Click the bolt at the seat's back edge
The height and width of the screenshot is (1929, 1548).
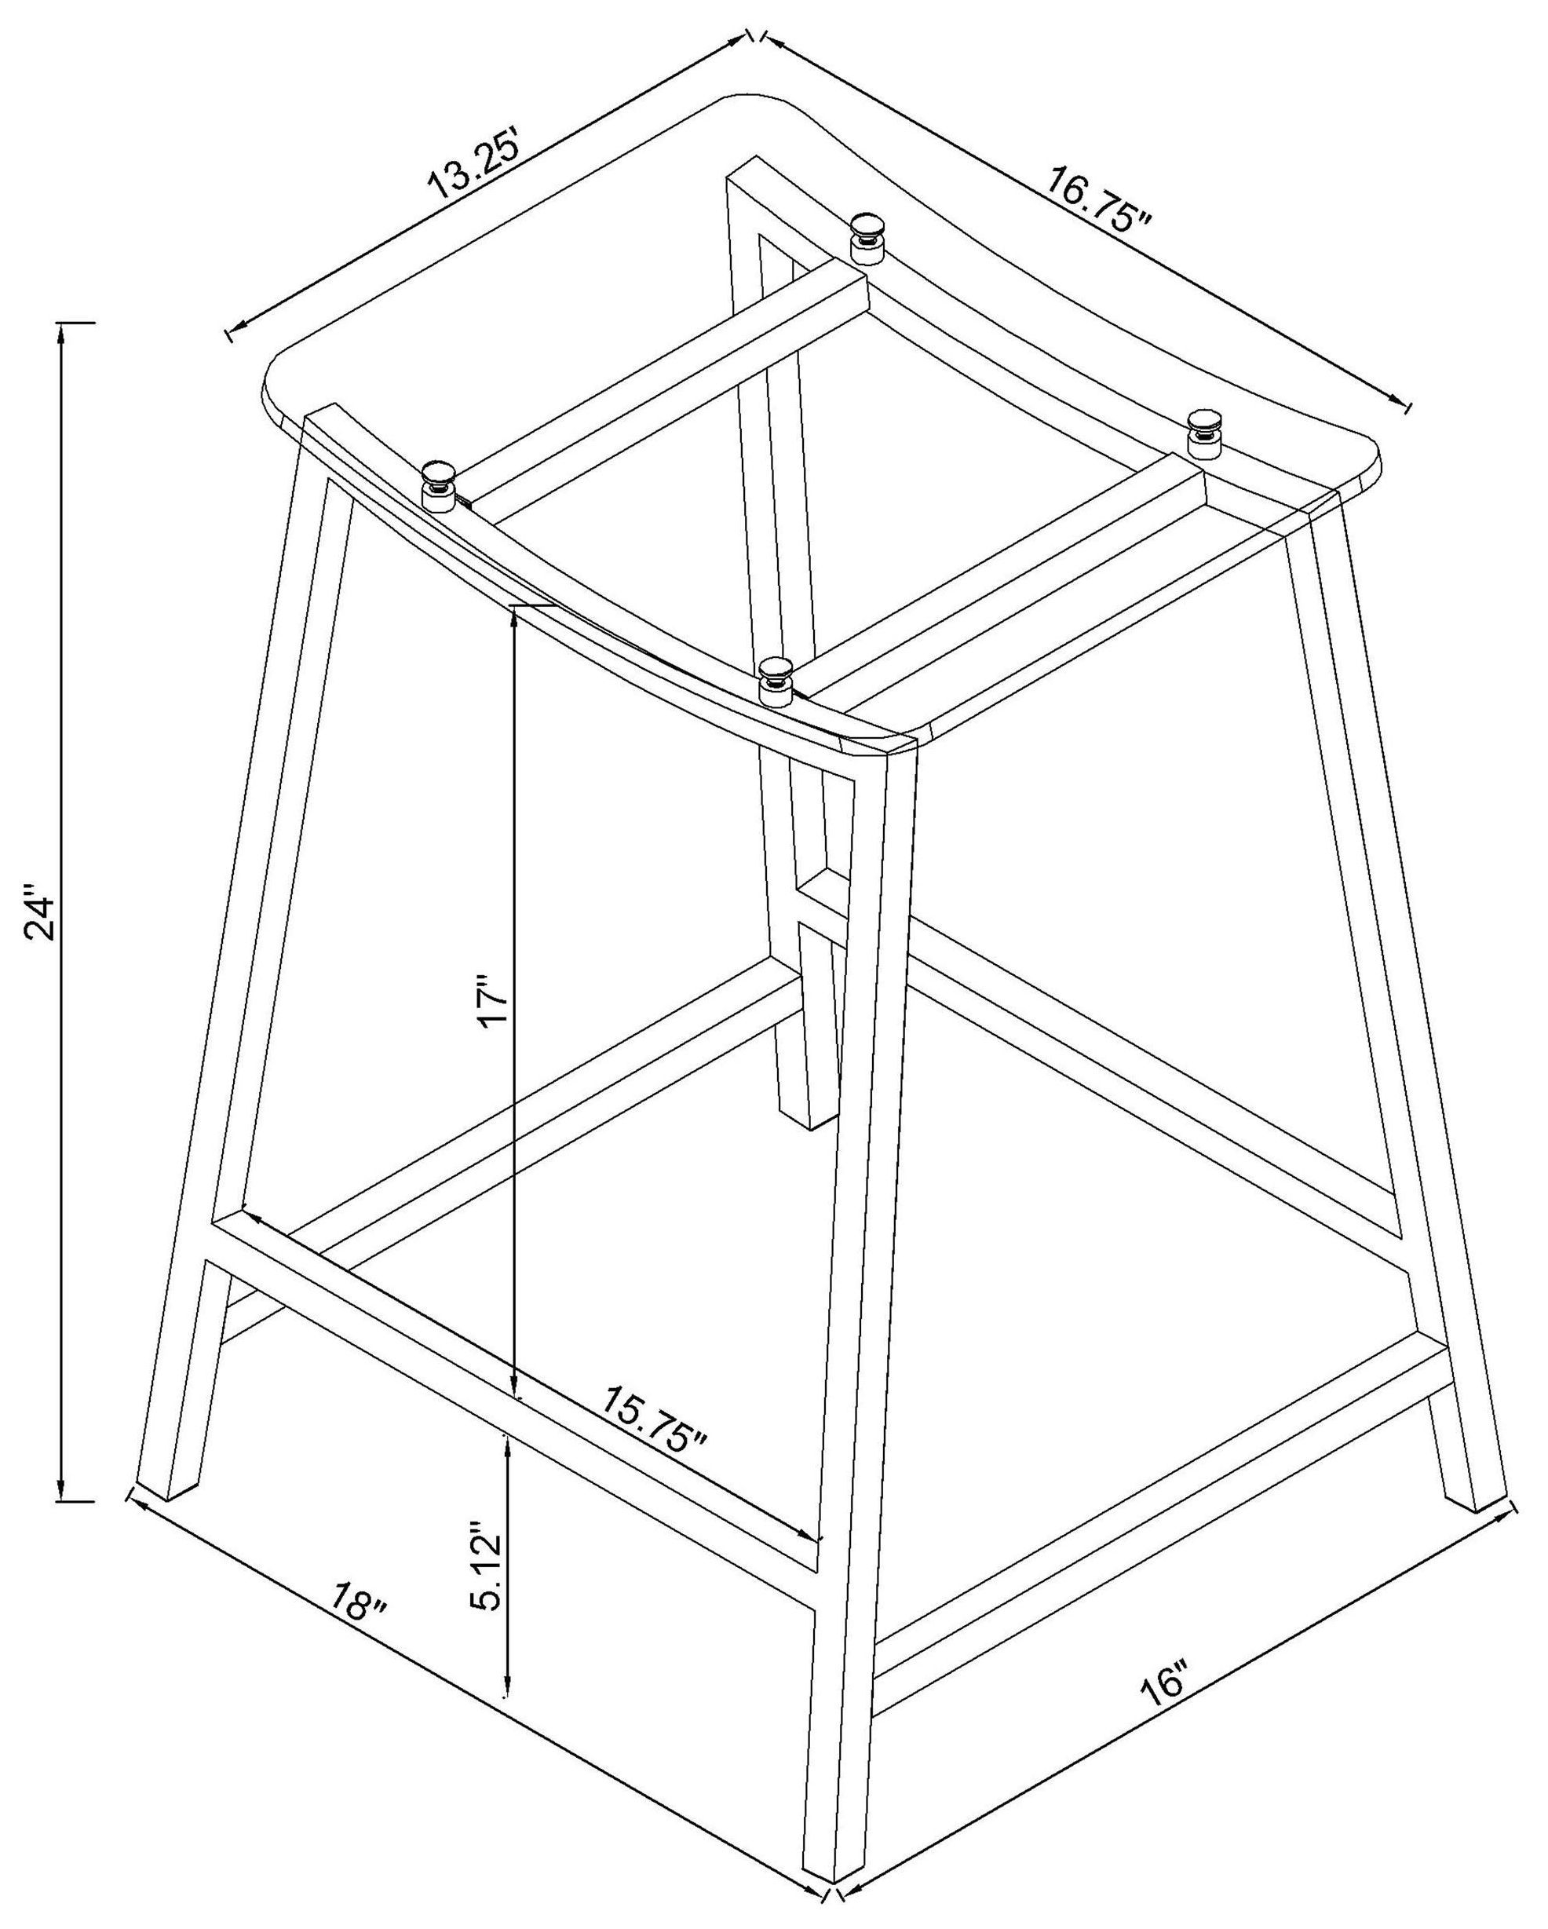point(867,238)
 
